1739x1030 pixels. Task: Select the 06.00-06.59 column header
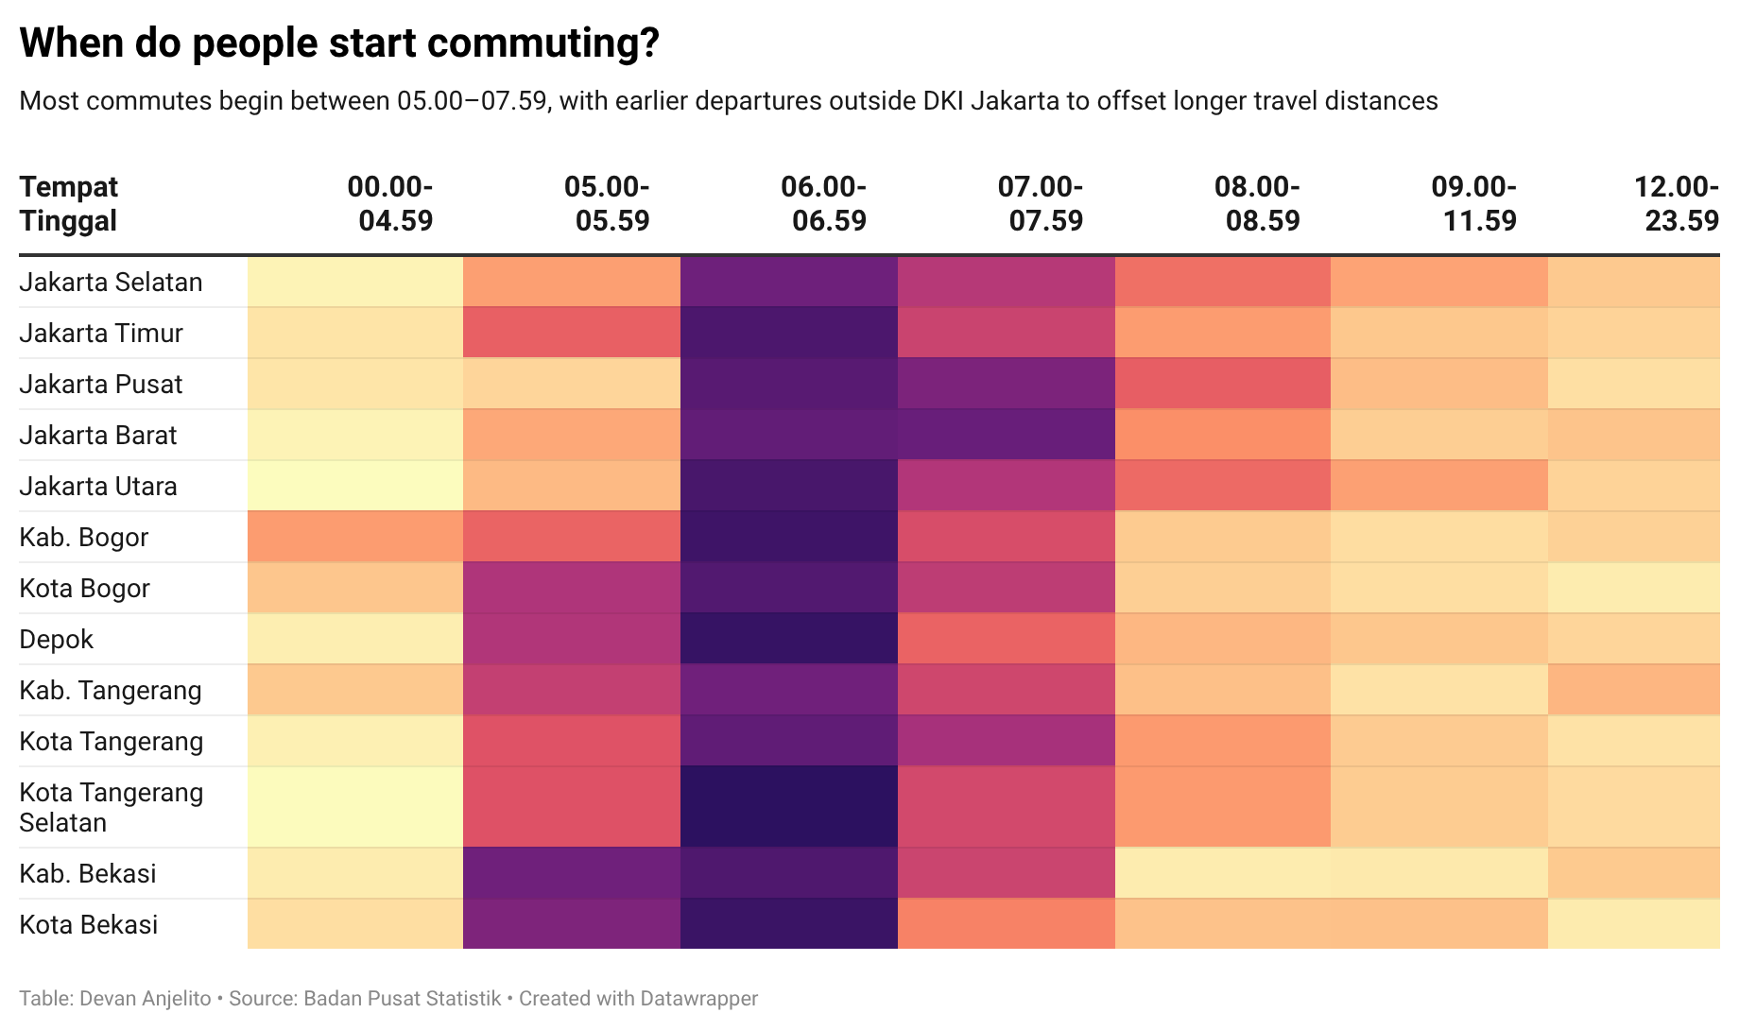tap(823, 203)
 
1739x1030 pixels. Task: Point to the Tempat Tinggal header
tap(68, 203)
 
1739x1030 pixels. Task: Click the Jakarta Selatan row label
tap(111, 283)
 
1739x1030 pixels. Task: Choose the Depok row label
tap(57, 640)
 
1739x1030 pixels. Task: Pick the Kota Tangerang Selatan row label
tap(111, 807)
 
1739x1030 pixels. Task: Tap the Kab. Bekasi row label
tap(88, 874)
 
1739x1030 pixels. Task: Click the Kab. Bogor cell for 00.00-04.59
tap(355, 537)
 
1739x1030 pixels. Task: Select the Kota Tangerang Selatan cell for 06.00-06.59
tap(788, 807)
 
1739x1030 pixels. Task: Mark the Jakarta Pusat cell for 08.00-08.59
tap(1223, 384)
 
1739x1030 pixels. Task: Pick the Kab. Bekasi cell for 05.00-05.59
tap(572, 874)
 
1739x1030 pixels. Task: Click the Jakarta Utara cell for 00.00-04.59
tap(355, 486)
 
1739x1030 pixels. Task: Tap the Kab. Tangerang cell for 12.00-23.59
tap(1633, 690)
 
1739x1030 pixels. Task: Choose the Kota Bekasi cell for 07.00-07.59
tap(1006, 924)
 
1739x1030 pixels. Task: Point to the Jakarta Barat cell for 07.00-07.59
tap(1006, 435)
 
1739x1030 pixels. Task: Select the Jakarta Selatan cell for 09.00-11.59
tap(1438, 283)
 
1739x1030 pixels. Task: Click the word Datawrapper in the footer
tap(698, 999)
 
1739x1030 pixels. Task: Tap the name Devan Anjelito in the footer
tap(146, 999)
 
